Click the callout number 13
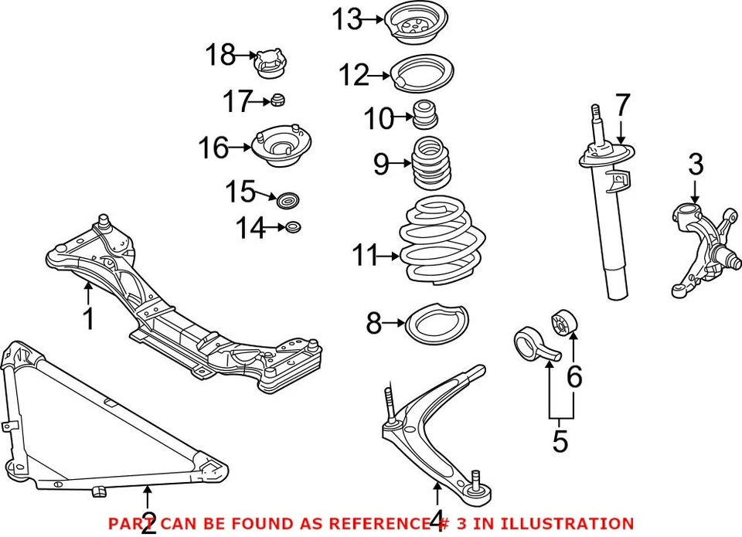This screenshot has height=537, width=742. (x=347, y=19)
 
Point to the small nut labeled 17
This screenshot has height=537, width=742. (x=280, y=100)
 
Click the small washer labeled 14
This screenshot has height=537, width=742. (x=293, y=227)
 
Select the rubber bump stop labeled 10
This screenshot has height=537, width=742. (x=424, y=114)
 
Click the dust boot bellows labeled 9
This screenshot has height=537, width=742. (x=428, y=165)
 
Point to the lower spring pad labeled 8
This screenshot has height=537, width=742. (x=437, y=324)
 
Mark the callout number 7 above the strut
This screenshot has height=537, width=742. (x=623, y=106)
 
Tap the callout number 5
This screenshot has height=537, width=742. (x=560, y=441)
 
